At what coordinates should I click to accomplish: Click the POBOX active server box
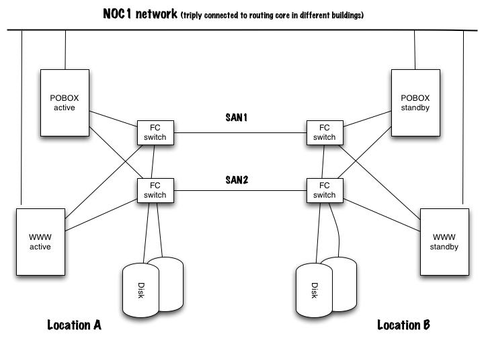[x=65, y=102]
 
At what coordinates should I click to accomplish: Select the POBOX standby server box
[x=415, y=102]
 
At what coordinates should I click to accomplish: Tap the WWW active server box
[x=40, y=242]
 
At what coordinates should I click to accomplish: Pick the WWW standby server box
[x=444, y=242]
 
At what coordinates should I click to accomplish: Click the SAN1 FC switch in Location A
[x=155, y=132]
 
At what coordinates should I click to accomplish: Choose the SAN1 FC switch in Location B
[x=324, y=132]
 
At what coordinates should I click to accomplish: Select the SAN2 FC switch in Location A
[x=155, y=190]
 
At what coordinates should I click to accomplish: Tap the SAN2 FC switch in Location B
[x=324, y=190]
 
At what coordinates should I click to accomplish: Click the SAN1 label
[x=237, y=117]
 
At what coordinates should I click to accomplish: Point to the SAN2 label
[x=237, y=180]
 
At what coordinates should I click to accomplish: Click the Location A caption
[x=74, y=325]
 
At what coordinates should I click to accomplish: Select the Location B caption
[x=403, y=325]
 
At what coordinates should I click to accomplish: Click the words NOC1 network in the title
[x=140, y=13]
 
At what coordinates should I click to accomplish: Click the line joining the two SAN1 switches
[x=239, y=133]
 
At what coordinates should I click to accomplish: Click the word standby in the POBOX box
[x=415, y=108]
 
